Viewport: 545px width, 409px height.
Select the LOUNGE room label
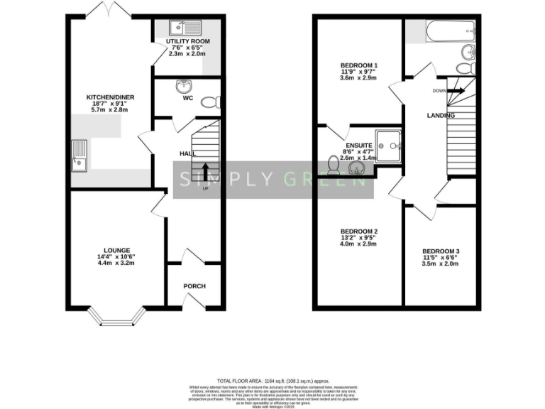coord(116,250)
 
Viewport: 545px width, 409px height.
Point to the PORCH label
coord(194,286)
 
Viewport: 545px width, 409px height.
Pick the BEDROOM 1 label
coord(358,66)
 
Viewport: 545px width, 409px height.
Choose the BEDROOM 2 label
coord(359,232)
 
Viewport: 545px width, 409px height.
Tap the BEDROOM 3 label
coord(441,251)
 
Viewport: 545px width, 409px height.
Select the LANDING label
coord(441,115)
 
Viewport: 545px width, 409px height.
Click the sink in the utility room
coord(185,28)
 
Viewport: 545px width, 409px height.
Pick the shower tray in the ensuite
coord(389,145)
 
